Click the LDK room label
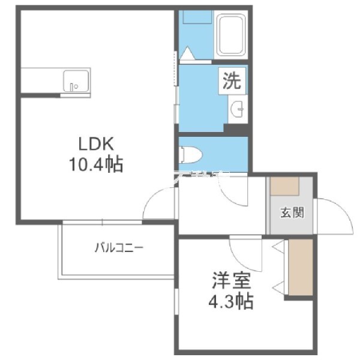pyautogui.click(x=96, y=144)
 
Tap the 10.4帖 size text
pyautogui.click(x=96, y=164)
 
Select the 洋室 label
pyautogui.click(x=231, y=280)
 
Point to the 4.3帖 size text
pyautogui.click(x=231, y=301)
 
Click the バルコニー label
pyautogui.click(x=119, y=248)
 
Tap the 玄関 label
pyautogui.click(x=292, y=212)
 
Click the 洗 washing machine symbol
pyautogui.click(x=232, y=80)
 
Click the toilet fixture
pyautogui.click(x=190, y=155)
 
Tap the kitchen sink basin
pyautogui.click(x=76, y=81)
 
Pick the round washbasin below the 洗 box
pyautogui.click(x=237, y=109)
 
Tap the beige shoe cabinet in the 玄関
pyautogui.click(x=284, y=186)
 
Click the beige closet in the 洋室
pyautogui.click(x=301, y=267)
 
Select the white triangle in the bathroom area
pyautogui.click(x=188, y=53)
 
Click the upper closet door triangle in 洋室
pyautogui.click(x=278, y=247)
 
